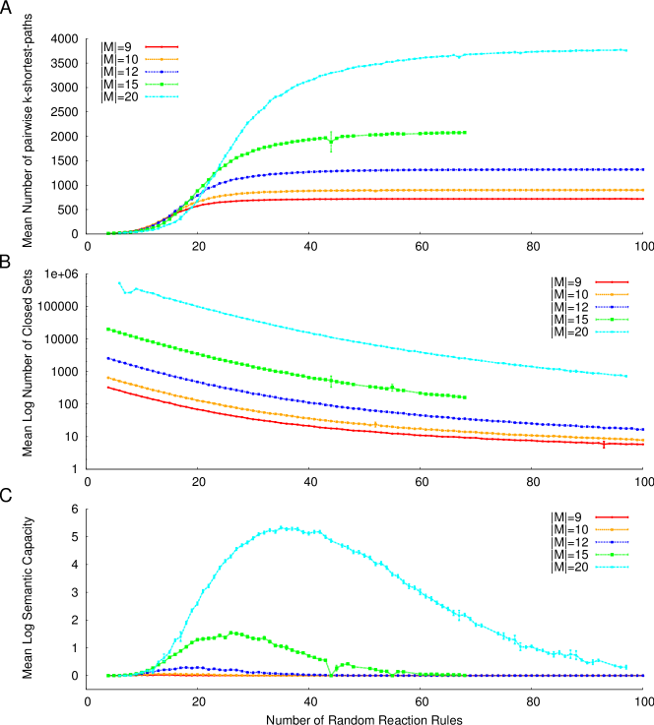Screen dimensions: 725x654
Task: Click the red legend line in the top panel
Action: tap(162, 46)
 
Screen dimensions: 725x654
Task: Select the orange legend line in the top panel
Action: tap(162, 59)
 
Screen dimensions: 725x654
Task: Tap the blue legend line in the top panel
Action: tap(162, 72)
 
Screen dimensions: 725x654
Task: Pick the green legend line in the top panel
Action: tap(162, 85)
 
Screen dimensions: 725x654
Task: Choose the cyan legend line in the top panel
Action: tap(162, 96)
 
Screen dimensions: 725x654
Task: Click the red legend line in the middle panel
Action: tap(612, 281)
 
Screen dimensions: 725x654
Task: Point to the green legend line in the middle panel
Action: tap(612, 320)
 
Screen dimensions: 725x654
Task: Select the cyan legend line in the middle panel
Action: tap(612, 332)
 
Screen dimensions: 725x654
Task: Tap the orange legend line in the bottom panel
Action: tap(612, 529)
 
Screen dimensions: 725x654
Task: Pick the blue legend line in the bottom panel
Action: tap(612, 542)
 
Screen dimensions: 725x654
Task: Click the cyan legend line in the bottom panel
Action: tap(612, 567)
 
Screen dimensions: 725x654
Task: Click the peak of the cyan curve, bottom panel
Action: tap(285, 527)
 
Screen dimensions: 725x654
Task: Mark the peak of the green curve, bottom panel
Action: tap(232, 633)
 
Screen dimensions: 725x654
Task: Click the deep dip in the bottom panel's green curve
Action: tap(331, 676)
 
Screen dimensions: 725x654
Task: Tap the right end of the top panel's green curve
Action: tap(465, 133)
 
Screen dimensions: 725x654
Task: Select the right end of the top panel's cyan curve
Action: tap(625, 49)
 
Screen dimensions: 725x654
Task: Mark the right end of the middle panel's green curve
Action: tap(465, 397)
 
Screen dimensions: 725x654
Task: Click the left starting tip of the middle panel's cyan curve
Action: tap(119, 282)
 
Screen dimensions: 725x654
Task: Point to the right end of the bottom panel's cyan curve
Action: tap(625, 667)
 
